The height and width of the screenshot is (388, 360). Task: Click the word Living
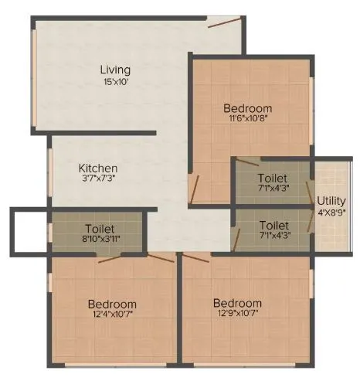point(115,70)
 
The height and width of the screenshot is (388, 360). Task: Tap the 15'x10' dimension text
point(115,81)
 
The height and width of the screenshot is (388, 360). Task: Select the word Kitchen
point(98,168)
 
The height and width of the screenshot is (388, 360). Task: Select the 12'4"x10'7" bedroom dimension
point(112,315)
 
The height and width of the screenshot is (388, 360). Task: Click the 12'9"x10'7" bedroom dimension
point(238,313)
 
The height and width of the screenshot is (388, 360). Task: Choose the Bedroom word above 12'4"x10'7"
point(112,304)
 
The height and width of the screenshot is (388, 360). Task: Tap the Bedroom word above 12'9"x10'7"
point(238,302)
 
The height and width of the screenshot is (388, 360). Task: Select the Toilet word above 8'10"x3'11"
point(100,230)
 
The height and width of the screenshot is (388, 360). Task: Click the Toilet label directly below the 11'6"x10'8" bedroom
point(273,178)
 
